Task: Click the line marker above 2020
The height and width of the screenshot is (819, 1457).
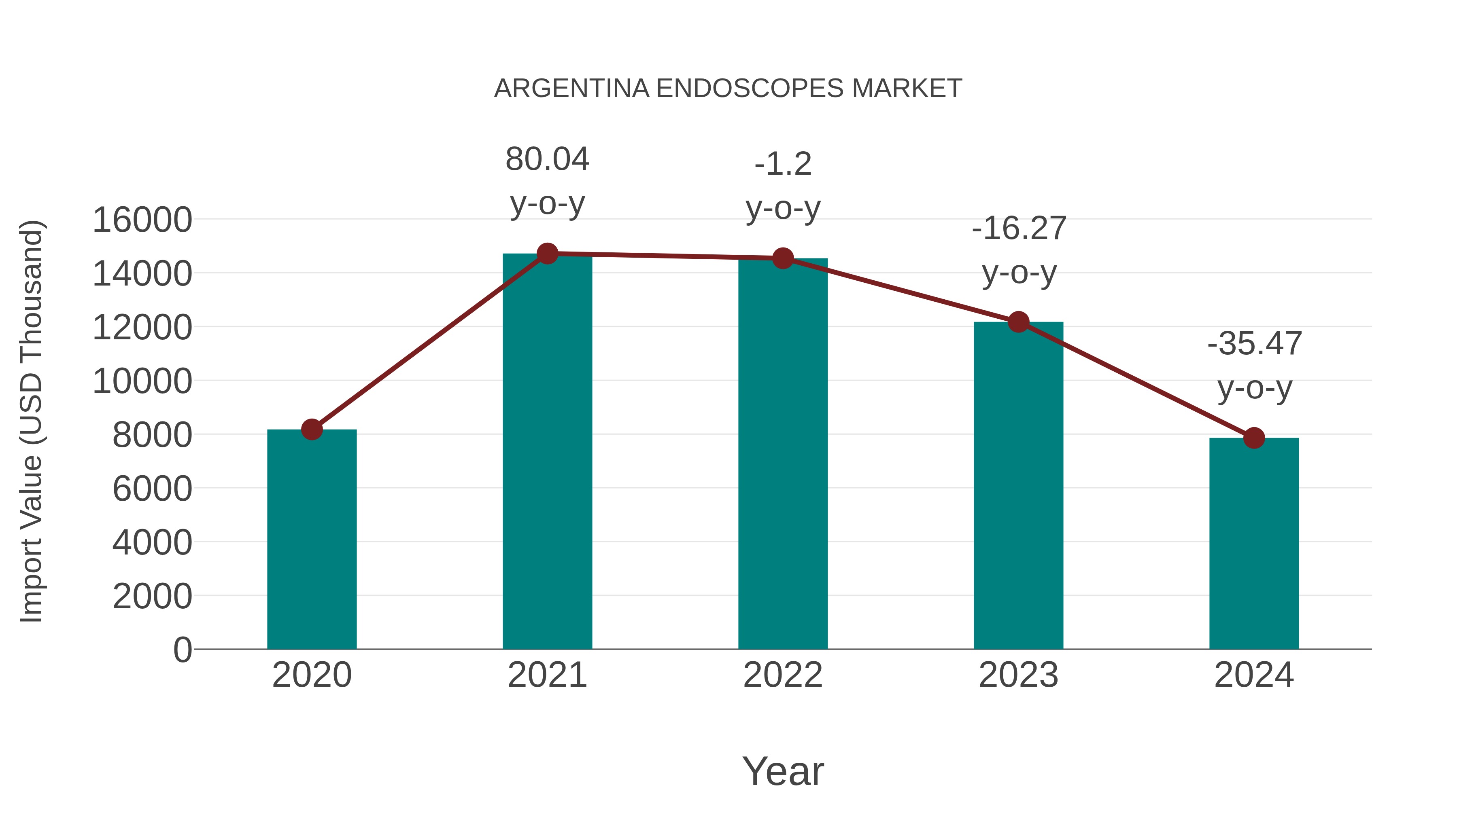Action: pos(312,429)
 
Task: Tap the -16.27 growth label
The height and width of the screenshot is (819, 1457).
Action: pos(1019,229)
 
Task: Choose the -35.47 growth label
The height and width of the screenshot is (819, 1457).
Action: pos(1255,344)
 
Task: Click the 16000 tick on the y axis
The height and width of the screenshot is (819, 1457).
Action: pos(142,220)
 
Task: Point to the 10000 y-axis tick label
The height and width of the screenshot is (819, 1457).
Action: pos(142,381)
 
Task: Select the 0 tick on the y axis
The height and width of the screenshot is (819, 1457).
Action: pos(182,650)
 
